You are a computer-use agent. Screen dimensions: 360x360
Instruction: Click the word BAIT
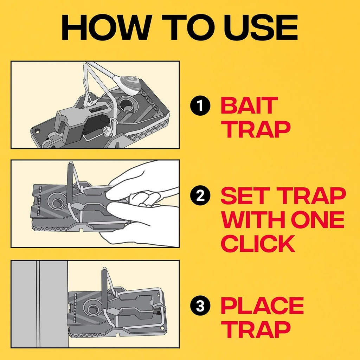tap(249, 106)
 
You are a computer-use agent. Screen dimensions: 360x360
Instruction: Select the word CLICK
tap(258, 243)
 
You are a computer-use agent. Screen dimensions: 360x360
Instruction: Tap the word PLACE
tap(262, 306)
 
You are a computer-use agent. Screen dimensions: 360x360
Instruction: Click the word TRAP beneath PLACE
tap(256, 329)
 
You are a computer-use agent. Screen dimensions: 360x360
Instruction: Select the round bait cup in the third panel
tap(94, 309)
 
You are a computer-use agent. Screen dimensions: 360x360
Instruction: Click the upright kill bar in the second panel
tap(70, 183)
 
